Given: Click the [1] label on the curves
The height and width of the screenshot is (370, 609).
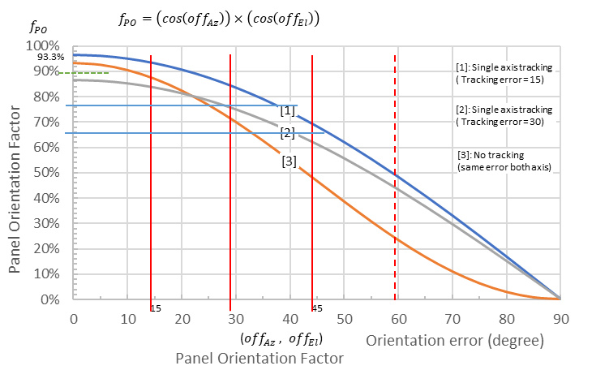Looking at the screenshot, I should point(287,110).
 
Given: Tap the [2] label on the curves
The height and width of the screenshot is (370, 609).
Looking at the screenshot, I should point(287,132).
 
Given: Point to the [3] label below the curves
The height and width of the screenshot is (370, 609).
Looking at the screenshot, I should point(289,161).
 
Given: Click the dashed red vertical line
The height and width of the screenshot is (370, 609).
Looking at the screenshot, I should point(395,179).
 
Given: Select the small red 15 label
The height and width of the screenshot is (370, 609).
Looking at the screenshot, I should point(156,308).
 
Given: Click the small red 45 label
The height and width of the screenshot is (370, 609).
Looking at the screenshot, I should point(317,308).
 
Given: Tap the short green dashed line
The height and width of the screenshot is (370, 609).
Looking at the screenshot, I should point(91,73).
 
